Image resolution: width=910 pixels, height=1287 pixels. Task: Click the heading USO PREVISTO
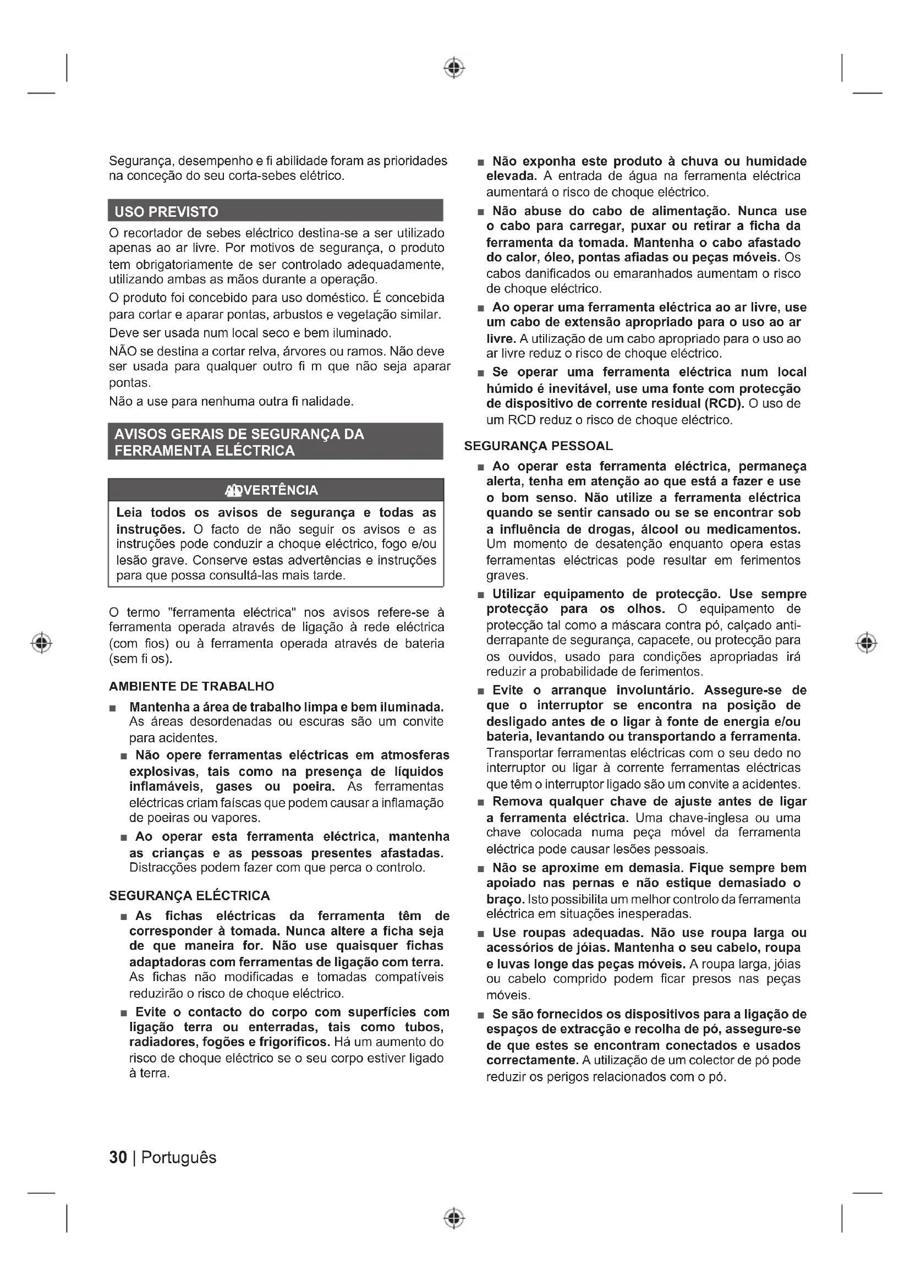(x=166, y=212)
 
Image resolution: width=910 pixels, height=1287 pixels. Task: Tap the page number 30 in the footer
(x=118, y=1157)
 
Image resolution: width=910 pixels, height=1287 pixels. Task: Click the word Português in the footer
(x=179, y=1157)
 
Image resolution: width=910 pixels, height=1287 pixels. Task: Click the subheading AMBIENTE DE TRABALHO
(x=191, y=686)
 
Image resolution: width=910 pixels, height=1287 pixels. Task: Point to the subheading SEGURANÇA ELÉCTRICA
(x=189, y=896)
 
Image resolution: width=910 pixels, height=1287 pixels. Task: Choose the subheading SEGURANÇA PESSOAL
(x=539, y=446)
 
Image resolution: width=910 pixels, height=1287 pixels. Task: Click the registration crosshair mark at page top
(x=454, y=68)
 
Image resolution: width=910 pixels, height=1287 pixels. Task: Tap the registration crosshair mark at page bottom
(x=454, y=1218)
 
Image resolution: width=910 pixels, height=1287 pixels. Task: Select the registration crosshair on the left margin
(x=42, y=642)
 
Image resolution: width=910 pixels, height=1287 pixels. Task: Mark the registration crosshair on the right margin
(x=867, y=642)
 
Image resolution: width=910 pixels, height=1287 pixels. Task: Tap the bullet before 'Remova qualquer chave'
(x=480, y=803)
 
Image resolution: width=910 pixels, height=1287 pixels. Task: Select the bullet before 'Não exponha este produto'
(x=480, y=163)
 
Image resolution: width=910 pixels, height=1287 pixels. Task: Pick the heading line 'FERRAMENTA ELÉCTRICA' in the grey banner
(x=205, y=451)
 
